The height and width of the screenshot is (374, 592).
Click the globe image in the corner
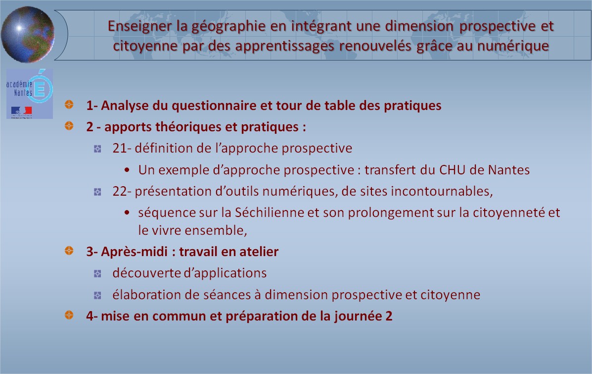28,34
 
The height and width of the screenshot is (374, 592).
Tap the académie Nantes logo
30,94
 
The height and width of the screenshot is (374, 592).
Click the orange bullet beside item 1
69,105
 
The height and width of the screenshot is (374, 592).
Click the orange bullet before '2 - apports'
69,125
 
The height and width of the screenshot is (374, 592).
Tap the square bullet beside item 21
97,149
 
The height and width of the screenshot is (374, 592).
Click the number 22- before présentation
122,191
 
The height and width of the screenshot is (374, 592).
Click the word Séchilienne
269,213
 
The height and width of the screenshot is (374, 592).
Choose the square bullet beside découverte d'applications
97,274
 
